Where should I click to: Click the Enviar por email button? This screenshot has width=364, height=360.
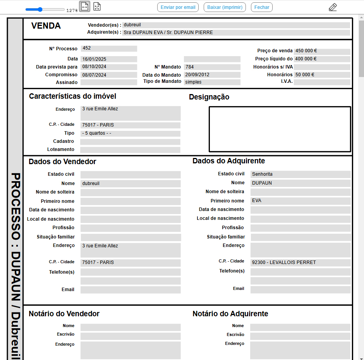pos(178,7)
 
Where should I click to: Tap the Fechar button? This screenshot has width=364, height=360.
pos(262,7)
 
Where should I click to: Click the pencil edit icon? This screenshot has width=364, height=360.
pos(333,7)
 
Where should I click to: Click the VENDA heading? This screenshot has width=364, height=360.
pos(46,26)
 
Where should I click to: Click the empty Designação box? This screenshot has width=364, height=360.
pos(280,129)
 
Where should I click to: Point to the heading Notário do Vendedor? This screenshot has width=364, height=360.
pos(64,314)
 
